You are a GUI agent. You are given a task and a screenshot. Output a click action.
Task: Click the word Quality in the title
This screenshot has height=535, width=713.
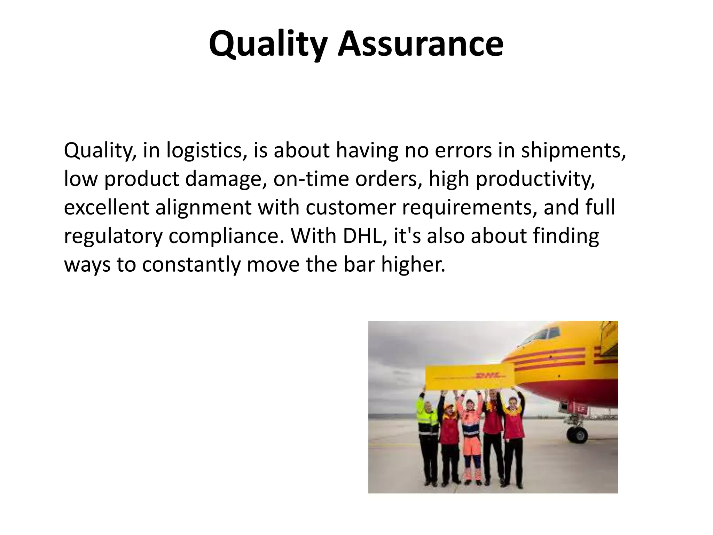point(268,44)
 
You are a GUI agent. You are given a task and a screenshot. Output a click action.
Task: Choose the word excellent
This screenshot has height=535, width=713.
point(107,208)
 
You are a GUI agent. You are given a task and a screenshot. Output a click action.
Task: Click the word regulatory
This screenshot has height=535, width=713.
point(113,236)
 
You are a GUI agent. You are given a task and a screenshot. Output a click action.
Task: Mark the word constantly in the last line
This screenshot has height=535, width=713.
point(191,265)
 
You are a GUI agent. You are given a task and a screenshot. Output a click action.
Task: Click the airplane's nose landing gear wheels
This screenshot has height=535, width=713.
point(577,434)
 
